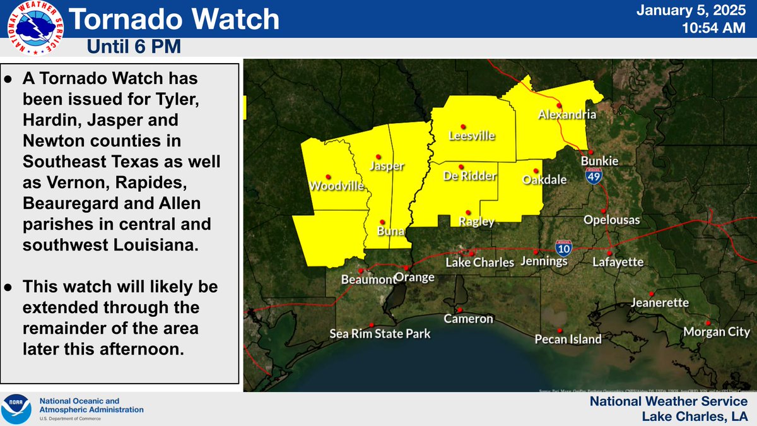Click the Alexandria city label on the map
566,115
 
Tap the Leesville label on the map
471,136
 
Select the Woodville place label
336,186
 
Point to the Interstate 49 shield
592,176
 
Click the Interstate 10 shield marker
563,246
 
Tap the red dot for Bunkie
591,152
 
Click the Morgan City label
718,332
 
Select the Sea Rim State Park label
380,333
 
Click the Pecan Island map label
568,340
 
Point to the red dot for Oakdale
536,170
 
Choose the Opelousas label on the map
611,220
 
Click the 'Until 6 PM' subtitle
133,46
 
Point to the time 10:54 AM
715,28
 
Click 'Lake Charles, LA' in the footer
695,416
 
